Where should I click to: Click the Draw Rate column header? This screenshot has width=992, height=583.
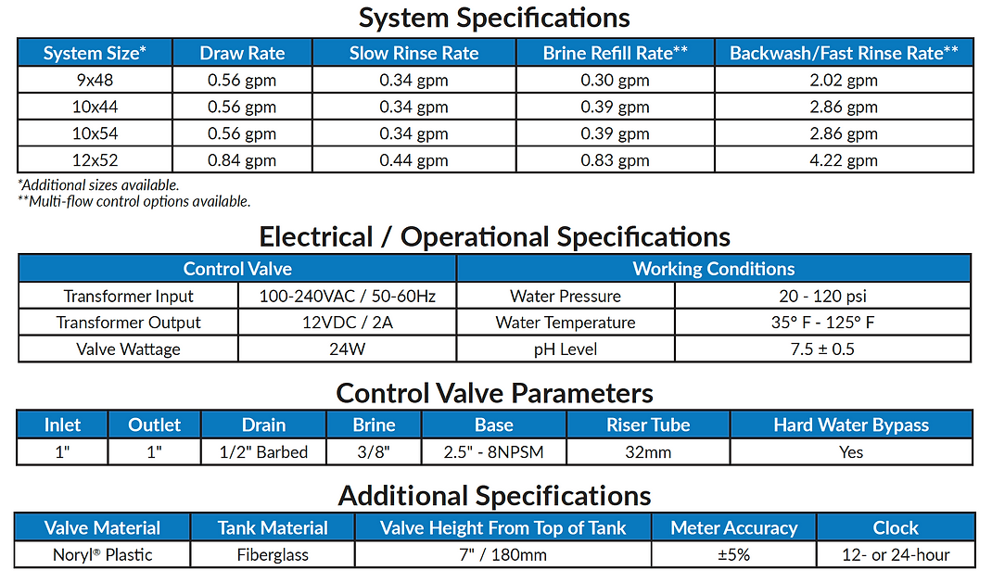pyautogui.click(x=242, y=53)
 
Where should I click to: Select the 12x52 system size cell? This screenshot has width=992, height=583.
pyautogui.click(x=95, y=160)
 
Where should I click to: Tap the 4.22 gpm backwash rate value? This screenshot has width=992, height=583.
pyautogui.click(x=844, y=160)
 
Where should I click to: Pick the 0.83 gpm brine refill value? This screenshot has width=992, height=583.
pyautogui.click(x=615, y=160)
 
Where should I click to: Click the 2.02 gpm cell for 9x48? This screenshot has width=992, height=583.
pyautogui.click(x=844, y=81)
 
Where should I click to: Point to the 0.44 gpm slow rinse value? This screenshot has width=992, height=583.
pyautogui.click(x=413, y=160)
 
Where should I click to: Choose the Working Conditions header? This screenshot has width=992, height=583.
pyautogui.click(x=714, y=269)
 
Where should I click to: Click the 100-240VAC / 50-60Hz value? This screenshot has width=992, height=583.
pyautogui.click(x=348, y=296)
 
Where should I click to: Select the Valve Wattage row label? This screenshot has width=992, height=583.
pyautogui.click(x=129, y=349)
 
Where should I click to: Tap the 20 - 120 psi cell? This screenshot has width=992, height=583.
pyautogui.click(x=822, y=296)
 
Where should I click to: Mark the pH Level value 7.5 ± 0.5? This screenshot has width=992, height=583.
pyautogui.click(x=822, y=349)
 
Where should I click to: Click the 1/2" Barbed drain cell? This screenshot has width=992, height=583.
pyautogui.click(x=263, y=452)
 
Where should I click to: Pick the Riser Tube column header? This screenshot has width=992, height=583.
pyautogui.click(x=648, y=425)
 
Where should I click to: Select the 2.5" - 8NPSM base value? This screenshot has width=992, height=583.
pyautogui.click(x=493, y=452)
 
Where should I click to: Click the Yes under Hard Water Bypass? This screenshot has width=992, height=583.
pyautogui.click(x=851, y=452)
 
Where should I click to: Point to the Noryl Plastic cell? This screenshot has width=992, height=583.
pyautogui.click(x=103, y=554)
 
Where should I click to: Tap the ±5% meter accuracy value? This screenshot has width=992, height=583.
pyautogui.click(x=734, y=554)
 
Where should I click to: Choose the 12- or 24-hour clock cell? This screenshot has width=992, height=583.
pyautogui.click(x=896, y=554)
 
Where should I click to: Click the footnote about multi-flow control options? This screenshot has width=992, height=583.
pyautogui.click(x=134, y=201)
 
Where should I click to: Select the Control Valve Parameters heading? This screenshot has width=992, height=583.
pyautogui.click(x=495, y=393)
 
